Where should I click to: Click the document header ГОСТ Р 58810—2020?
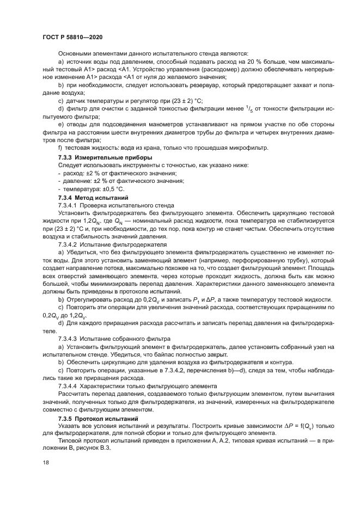click(x=72, y=37)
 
